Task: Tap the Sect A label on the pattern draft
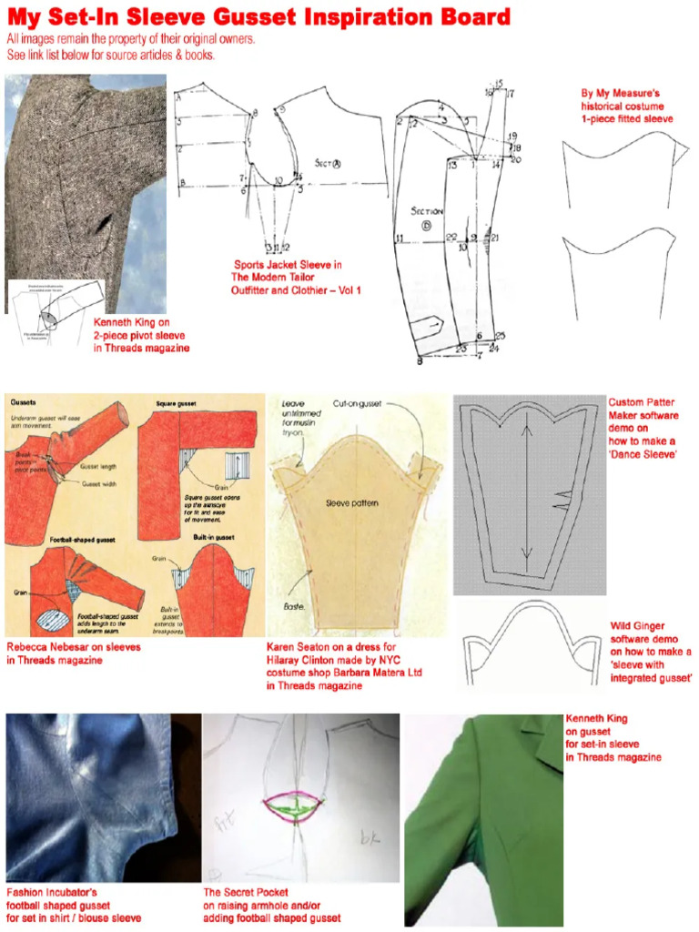coord(327,164)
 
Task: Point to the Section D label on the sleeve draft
coord(426,218)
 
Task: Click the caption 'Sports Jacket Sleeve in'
coord(288,265)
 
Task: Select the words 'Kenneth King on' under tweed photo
coord(132,322)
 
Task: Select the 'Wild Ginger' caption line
coord(637,626)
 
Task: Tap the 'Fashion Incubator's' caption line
coord(52,893)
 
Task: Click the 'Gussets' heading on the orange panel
coord(24,402)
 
